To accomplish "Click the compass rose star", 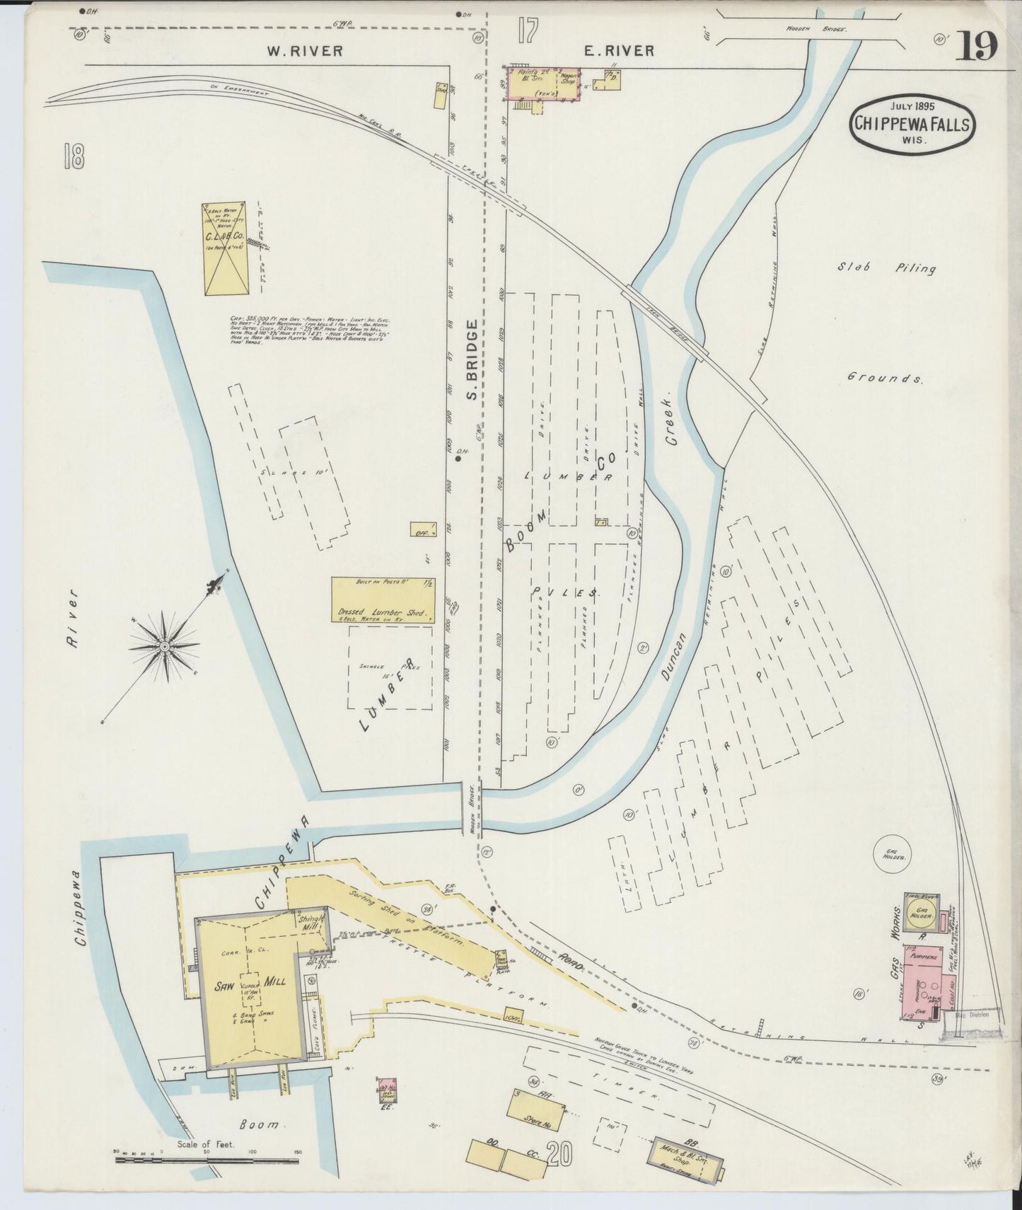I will click(x=164, y=646).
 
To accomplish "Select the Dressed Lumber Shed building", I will click(x=383, y=600).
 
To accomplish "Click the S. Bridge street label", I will click(x=472, y=359).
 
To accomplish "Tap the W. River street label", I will click(x=305, y=50).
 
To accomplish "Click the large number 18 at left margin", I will click(x=73, y=156).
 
